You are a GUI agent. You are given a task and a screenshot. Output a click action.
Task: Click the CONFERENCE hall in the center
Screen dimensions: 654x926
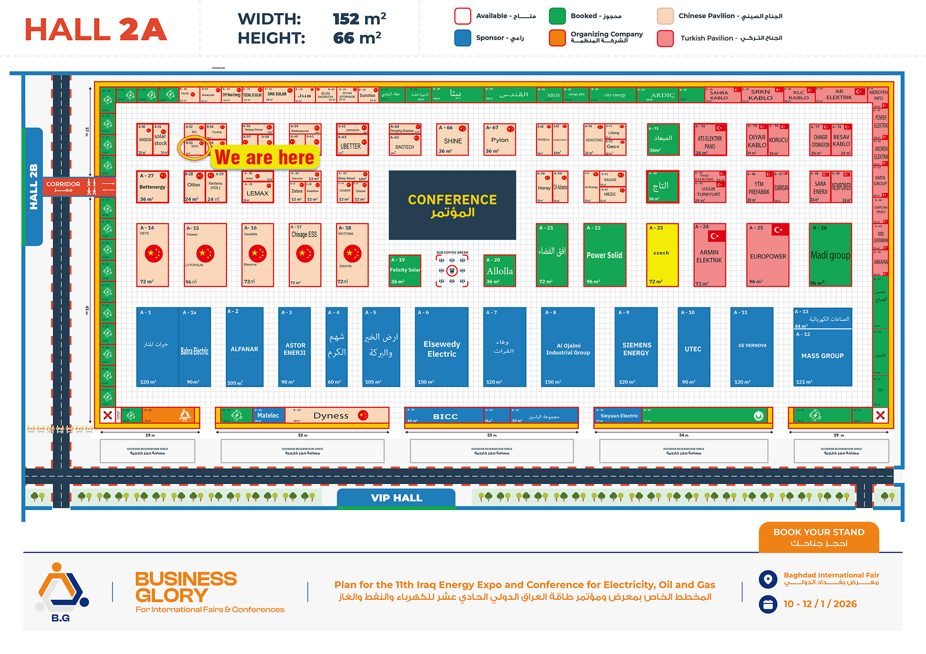point(452,205)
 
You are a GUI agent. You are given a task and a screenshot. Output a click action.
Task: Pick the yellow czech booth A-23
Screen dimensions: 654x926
point(662,255)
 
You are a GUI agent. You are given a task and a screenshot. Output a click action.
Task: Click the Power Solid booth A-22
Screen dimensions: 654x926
point(604,255)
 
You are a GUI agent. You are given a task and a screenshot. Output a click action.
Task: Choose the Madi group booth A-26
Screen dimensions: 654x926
point(830,255)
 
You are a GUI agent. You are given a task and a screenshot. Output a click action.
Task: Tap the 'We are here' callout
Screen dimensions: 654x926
point(264,158)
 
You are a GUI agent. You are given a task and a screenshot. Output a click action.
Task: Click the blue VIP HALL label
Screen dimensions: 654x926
point(396,498)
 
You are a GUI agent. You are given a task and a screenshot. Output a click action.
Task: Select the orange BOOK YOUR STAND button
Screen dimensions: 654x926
point(819,537)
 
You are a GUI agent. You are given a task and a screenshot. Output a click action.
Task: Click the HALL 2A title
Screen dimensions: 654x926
point(95,30)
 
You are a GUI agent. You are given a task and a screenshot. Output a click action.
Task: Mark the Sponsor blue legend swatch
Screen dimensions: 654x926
point(463,38)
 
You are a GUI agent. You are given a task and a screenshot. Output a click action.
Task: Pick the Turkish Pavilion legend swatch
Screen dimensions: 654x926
point(665,38)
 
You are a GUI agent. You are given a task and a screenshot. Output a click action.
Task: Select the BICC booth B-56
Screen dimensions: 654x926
point(444,416)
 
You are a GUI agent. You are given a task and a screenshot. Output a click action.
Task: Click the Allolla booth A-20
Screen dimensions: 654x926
point(500,271)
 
